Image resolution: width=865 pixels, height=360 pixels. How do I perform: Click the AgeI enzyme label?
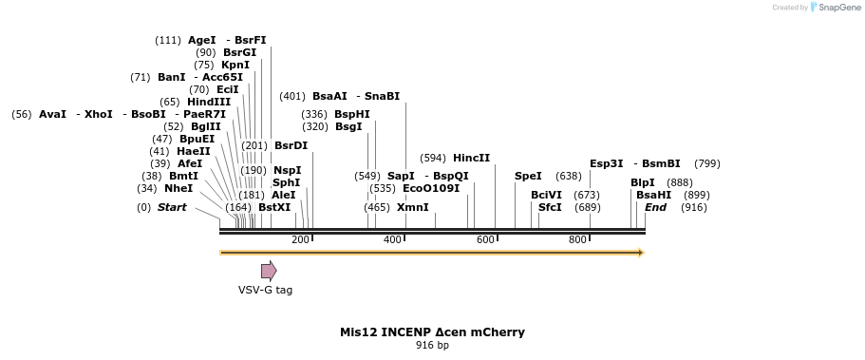pyautogui.click(x=202, y=40)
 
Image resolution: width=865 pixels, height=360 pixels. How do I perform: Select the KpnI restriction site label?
pyautogui.click(x=235, y=65)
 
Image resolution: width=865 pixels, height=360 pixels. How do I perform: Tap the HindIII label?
pyautogui.click(x=209, y=102)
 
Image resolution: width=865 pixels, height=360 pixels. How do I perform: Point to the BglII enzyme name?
pyautogui.click(x=206, y=126)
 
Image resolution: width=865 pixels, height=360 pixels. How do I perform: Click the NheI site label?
pyautogui.click(x=179, y=188)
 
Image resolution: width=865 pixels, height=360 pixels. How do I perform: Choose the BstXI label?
pyautogui.click(x=274, y=207)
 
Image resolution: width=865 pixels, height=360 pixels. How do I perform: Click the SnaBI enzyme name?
pyautogui.click(x=383, y=96)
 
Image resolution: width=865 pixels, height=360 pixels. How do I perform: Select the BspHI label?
pyautogui.click(x=352, y=114)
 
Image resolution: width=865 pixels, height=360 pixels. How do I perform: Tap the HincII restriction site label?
pyautogui.click(x=472, y=158)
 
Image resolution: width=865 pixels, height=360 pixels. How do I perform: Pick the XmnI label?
pyautogui.click(x=413, y=207)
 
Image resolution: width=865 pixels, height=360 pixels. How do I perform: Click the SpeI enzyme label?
pyautogui.click(x=528, y=176)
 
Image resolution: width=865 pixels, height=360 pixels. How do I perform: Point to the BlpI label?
pyautogui.click(x=643, y=182)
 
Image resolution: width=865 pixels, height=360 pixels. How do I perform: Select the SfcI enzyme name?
pyautogui.click(x=550, y=207)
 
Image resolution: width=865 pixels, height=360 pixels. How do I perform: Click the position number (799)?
pyautogui.click(x=707, y=163)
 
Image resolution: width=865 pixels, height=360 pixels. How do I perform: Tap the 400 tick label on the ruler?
pyautogui.click(x=392, y=240)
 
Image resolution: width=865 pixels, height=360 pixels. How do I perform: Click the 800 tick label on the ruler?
pyautogui.click(x=578, y=240)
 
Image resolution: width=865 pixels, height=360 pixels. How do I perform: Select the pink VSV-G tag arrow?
pyautogui.click(x=269, y=271)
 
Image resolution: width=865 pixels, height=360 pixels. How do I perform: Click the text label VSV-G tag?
pyautogui.click(x=265, y=290)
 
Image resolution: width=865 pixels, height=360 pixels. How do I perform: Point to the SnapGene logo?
pyautogui.click(x=835, y=8)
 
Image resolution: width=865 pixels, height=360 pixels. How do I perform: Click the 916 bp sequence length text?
pyautogui.click(x=432, y=345)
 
